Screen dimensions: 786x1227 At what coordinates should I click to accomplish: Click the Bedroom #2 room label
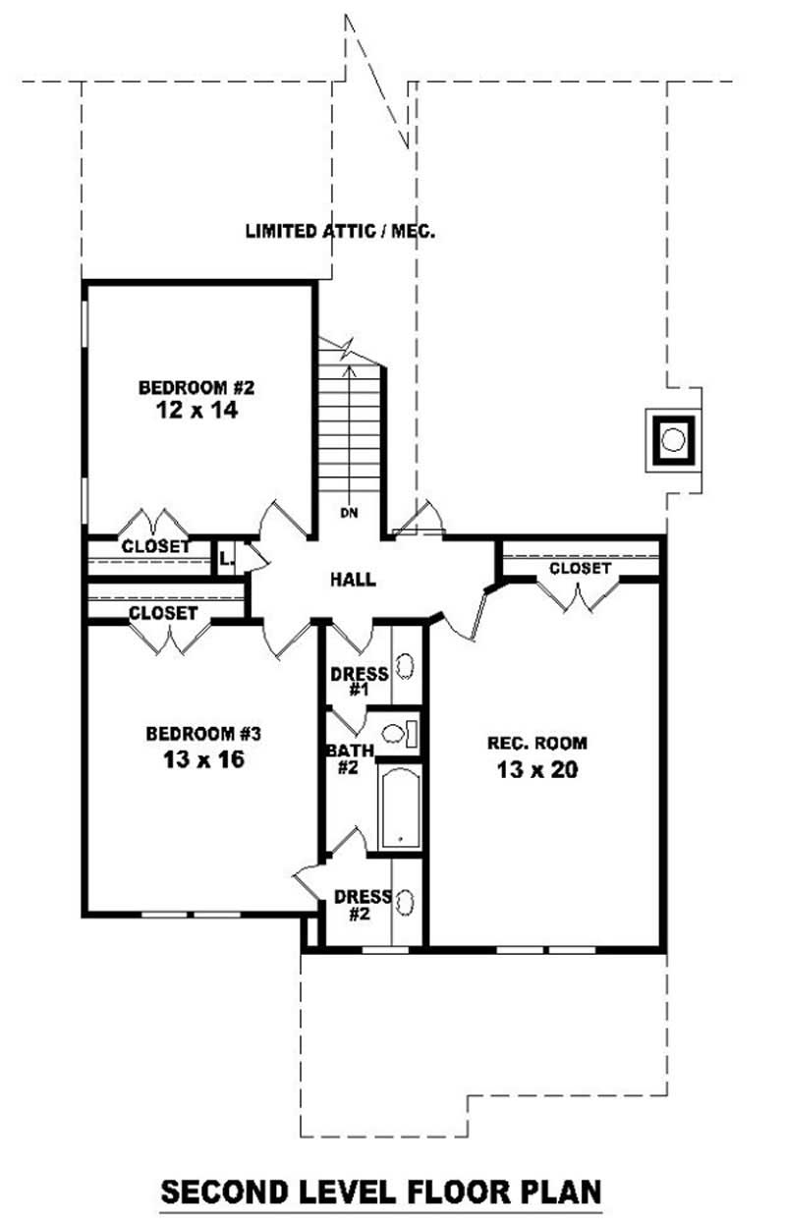click(x=196, y=388)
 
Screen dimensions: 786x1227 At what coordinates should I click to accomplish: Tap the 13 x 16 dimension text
click(x=203, y=759)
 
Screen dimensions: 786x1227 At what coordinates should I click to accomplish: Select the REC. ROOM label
click(x=537, y=744)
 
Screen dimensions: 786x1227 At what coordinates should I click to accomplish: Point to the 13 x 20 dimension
click(x=537, y=769)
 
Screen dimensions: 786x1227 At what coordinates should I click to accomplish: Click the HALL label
click(x=353, y=579)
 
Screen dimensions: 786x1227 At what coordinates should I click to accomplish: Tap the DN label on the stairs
click(x=349, y=513)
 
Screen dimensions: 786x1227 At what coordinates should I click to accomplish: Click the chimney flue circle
click(x=673, y=440)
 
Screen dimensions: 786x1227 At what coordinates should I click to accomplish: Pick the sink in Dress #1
click(x=406, y=668)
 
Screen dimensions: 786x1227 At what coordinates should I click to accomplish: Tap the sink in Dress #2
click(x=406, y=902)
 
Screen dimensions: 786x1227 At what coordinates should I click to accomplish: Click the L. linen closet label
click(x=226, y=559)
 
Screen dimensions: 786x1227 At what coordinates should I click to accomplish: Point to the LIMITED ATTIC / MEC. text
click(x=340, y=231)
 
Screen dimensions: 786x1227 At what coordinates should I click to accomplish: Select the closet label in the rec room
click(x=580, y=568)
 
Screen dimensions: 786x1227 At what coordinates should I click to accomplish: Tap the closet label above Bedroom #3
click(x=163, y=613)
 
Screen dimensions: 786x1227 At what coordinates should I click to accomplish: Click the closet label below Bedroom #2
click(x=155, y=546)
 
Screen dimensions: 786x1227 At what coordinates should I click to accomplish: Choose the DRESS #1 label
click(x=360, y=682)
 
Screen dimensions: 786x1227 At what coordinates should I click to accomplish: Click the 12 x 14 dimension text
click(x=196, y=410)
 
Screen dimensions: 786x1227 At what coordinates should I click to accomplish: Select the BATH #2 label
click(x=350, y=759)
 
